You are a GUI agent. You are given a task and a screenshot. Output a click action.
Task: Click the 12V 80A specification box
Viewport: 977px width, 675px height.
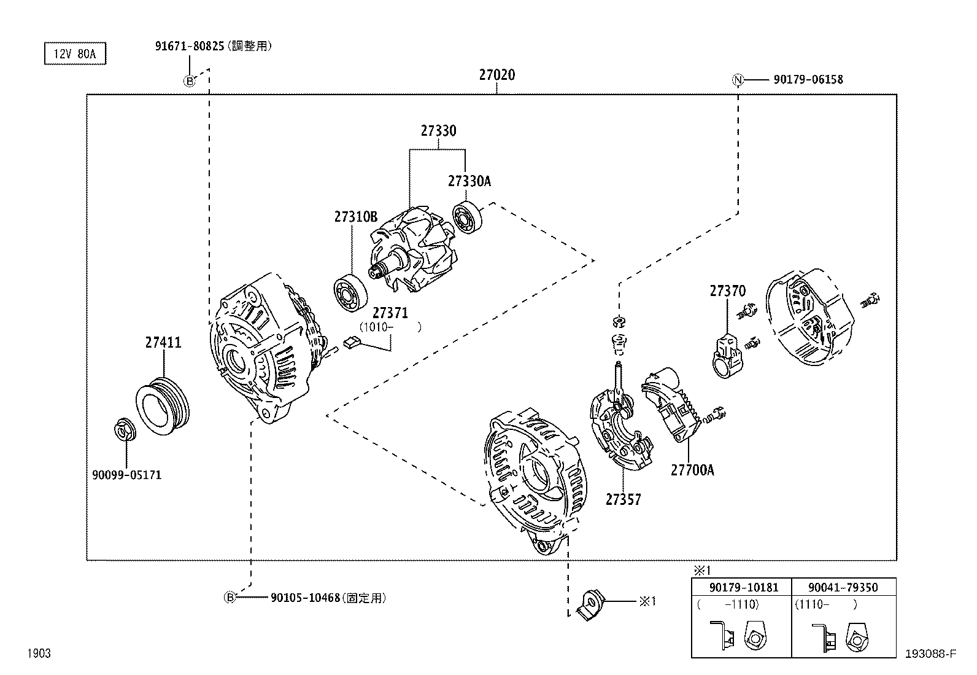[x=74, y=53]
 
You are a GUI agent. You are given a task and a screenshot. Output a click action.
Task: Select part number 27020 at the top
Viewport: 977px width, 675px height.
[x=496, y=75]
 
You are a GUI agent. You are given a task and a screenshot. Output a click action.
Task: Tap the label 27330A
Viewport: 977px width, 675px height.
[x=469, y=181]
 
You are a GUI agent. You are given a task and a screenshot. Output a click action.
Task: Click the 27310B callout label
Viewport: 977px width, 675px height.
[x=355, y=216]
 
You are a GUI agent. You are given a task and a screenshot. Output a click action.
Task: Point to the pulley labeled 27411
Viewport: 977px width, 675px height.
[x=163, y=406]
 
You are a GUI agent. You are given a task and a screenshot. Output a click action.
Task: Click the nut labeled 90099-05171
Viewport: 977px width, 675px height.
[x=125, y=430]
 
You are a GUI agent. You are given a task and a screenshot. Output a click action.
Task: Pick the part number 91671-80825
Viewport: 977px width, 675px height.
[x=190, y=45]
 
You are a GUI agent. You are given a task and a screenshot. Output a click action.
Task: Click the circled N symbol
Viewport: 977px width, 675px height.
[x=738, y=79]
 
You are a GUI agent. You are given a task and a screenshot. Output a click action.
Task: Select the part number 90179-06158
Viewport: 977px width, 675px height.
[x=808, y=79]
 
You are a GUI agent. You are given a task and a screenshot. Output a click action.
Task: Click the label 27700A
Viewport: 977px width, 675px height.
[x=692, y=470]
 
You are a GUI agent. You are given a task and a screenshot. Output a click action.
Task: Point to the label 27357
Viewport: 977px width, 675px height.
[x=623, y=499]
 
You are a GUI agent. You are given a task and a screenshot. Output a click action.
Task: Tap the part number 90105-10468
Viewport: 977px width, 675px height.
[x=304, y=598]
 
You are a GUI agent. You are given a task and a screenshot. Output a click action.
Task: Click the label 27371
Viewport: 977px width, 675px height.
[x=390, y=313]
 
